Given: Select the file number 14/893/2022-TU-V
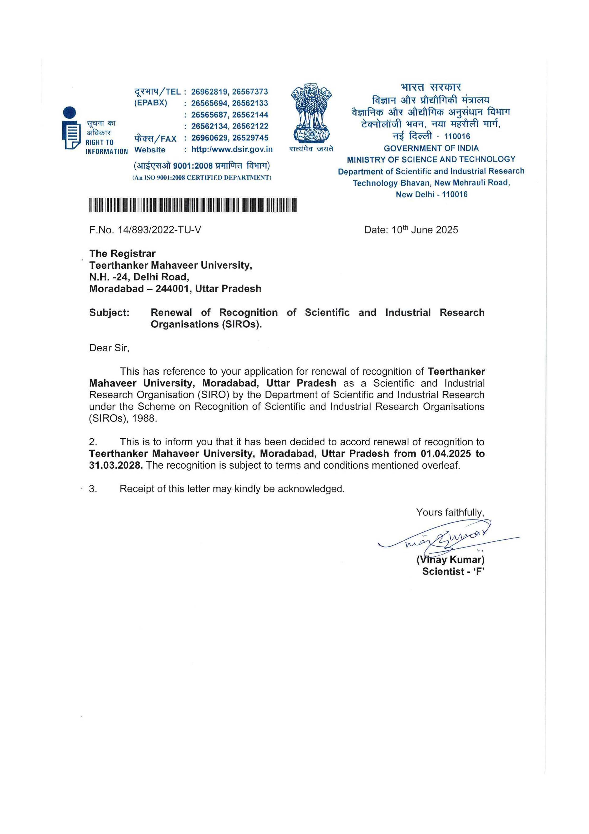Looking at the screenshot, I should (x=159, y=230).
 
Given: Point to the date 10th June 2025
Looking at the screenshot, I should (x=425, y=230).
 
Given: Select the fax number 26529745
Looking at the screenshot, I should (x=250, y=138).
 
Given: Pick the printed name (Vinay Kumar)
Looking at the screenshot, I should (x=450, y=559).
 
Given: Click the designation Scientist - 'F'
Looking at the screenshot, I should (x=453, y=571).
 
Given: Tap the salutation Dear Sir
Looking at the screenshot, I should (x=109, y=348).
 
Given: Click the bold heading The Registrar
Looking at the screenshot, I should (x=122, y=253).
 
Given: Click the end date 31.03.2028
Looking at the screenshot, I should (x=115, y=465).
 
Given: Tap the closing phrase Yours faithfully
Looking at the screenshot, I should (x=450, y=513).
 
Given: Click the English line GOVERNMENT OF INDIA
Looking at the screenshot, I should (x=431, y=148).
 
